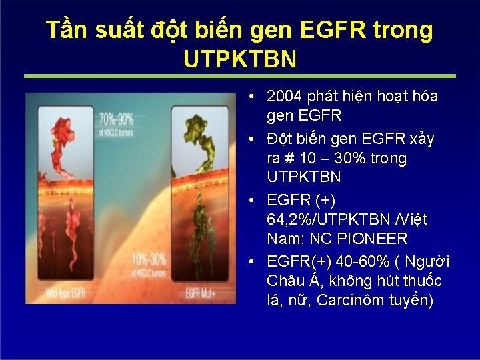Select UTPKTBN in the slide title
[x=239, y=59]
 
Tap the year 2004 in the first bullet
[x=285, y=96]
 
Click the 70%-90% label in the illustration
[x=116, y=119]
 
